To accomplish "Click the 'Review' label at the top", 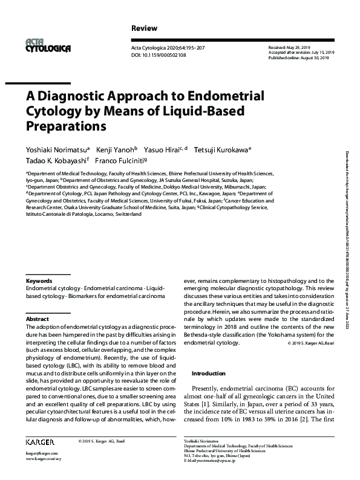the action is click(144, 28).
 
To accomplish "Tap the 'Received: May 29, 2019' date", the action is click(289, 47).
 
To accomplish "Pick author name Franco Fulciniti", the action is click(126, 161).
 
